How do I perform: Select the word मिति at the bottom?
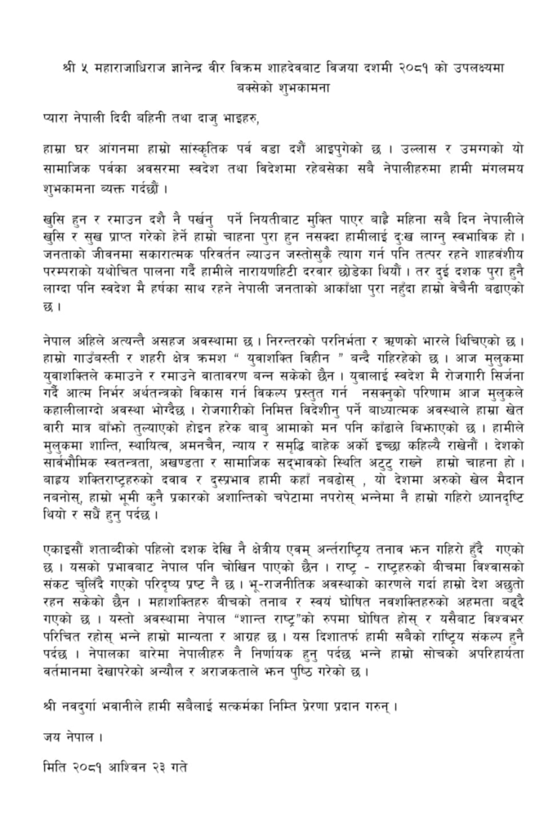click(x=57, y=768)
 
